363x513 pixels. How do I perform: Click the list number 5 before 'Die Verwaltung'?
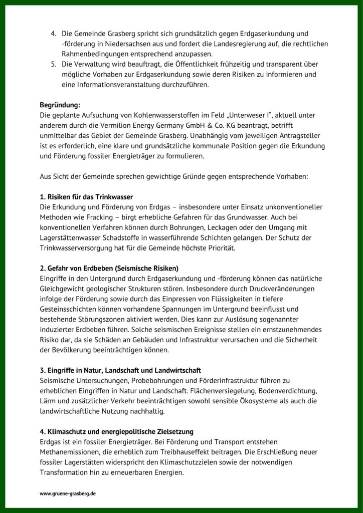[53, 65]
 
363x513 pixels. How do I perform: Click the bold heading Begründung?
[60, 105]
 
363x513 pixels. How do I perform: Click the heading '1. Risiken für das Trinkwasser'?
[86, 197]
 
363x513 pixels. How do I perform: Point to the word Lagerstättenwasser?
[71, 237]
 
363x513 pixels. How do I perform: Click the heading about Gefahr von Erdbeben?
[109, 268]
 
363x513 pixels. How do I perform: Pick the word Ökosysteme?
[247, 401]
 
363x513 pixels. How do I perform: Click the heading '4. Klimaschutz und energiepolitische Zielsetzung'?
[116, 431]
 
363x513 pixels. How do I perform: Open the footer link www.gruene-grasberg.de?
[68, 493]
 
